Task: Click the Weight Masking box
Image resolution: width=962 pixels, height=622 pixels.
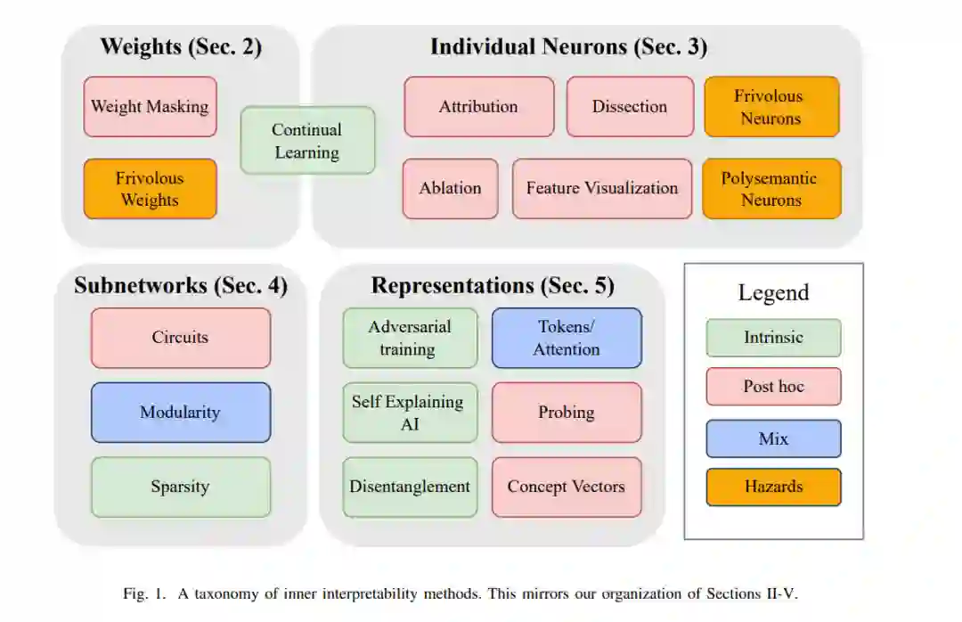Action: (x=150, y=107)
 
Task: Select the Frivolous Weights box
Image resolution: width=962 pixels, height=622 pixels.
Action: (x=150, y=189)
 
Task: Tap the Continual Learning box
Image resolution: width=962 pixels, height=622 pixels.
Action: (x=307, y=141)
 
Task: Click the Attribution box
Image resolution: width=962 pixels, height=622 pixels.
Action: (x=478, y=107)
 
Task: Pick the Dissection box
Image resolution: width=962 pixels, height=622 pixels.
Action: (x=630, y=107)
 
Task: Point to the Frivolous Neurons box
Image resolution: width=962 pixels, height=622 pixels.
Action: (x=771, y=107)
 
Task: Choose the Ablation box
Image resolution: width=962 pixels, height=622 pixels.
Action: (x=450, y=189)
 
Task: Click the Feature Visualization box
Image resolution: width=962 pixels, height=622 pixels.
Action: (x=602, y=189)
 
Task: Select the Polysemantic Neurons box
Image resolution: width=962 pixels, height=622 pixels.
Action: (x=771, y=189)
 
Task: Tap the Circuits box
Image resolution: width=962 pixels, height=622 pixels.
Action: (x=180, y=338)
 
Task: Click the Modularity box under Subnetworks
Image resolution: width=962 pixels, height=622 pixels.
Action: (x=180, y=413)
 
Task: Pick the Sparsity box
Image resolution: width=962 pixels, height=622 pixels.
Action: (x=180, y=487)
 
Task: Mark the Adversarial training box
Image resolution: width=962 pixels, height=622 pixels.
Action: (x=410, y=338)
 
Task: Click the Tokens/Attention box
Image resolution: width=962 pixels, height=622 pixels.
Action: (x=567, y=338)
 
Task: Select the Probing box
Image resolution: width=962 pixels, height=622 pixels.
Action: (x=567, y=413)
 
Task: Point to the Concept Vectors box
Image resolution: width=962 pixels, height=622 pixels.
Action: (x=567, y=487)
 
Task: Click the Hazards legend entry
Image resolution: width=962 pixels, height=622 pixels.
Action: (x=773, y=487)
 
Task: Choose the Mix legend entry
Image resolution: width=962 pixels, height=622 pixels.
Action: (x=773, y=438)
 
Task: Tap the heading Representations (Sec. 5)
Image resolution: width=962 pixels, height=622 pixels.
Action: (x=493, y=286)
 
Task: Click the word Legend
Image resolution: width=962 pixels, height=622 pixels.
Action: (x=773, y=293)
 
